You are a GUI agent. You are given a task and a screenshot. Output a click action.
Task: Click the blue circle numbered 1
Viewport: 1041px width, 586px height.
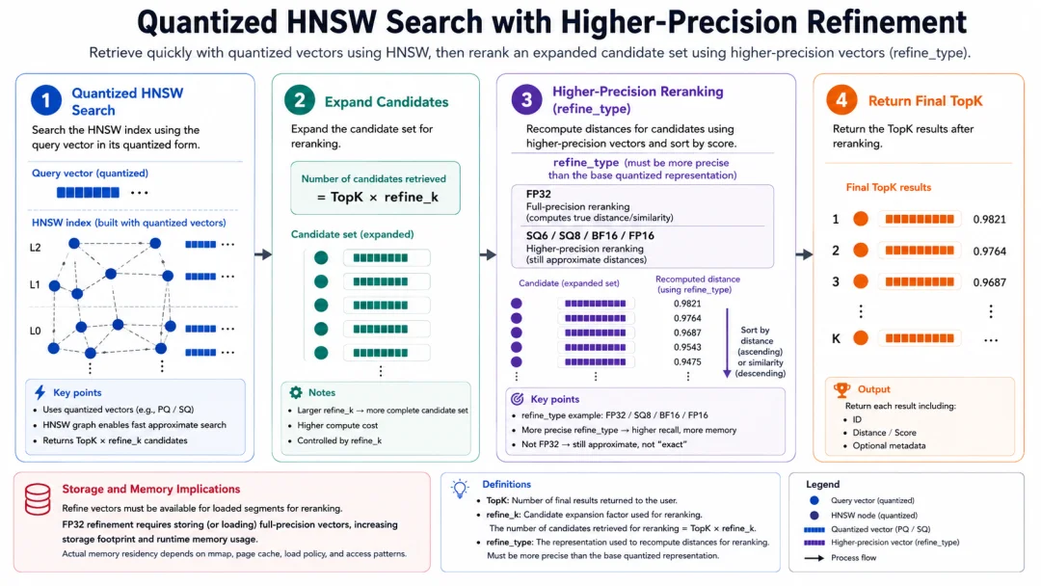pos(46,100)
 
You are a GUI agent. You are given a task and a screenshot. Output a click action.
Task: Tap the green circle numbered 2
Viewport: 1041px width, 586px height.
pos(300,100)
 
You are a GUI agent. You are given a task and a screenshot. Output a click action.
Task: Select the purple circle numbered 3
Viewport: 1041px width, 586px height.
pos(526,99)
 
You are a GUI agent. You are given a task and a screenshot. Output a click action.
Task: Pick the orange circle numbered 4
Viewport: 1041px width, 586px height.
pos(841,100)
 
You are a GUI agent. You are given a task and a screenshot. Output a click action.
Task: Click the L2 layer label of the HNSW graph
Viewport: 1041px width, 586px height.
pos(36,248)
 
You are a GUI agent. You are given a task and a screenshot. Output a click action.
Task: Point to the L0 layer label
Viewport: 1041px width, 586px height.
pos(36,331)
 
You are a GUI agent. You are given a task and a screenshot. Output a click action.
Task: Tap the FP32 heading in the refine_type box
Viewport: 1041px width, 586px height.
pos(539,194)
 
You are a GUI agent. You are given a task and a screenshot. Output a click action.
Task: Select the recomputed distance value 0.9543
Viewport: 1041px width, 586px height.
pos(687,347)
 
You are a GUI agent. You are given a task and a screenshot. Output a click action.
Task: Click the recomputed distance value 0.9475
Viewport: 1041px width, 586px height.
pos(687,361)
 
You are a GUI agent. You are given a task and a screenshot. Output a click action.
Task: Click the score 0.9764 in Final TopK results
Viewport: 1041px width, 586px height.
pos(989,251)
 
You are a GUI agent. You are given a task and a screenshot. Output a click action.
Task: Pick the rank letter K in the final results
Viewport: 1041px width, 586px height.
pos(836,338)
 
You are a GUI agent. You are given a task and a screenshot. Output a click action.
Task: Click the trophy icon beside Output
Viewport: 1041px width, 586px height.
pos(841,389)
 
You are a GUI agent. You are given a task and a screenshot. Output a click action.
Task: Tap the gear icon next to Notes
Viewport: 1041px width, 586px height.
pos(296,392)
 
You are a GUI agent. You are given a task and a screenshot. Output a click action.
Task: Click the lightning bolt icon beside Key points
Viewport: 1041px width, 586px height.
pos(40,392)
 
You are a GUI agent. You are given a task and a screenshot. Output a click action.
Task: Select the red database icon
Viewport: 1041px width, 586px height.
pos(38,499)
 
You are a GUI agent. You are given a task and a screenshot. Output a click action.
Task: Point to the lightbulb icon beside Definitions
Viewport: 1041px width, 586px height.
pos(460,489)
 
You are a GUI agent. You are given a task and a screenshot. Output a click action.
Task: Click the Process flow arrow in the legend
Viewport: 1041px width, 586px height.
pos(814,557)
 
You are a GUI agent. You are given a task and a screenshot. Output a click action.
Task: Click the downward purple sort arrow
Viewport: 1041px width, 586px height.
pos(727,343)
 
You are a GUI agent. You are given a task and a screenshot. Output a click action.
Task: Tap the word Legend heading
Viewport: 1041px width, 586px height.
pos(822,485)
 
